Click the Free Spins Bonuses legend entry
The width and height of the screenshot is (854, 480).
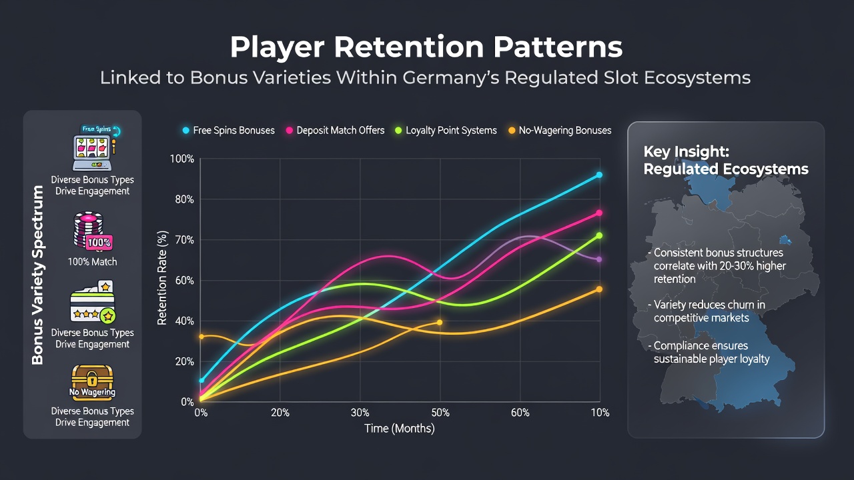[229, 130]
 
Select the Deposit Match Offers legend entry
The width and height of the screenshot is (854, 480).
[336, 130]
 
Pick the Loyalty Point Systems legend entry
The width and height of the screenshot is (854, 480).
[446, 130]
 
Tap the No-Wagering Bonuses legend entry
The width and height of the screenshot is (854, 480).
[560, 130]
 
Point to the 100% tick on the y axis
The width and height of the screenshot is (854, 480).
[182, 159]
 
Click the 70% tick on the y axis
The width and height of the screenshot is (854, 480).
[184, 240]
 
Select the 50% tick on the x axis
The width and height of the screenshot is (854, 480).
[440, 413]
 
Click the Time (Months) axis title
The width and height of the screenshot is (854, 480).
[399, 429]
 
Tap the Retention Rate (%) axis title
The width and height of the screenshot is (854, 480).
[162, 278]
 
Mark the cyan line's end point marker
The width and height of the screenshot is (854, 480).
[599, 175]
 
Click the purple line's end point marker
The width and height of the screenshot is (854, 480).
[599, 259]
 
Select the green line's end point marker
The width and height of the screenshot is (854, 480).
[599, 235]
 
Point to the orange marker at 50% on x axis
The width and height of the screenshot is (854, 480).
[440, 322]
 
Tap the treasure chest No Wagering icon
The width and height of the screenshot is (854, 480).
[92, 383]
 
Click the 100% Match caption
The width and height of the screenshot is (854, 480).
[92, 262]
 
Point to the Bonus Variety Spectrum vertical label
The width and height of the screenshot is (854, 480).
[38, 275]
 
